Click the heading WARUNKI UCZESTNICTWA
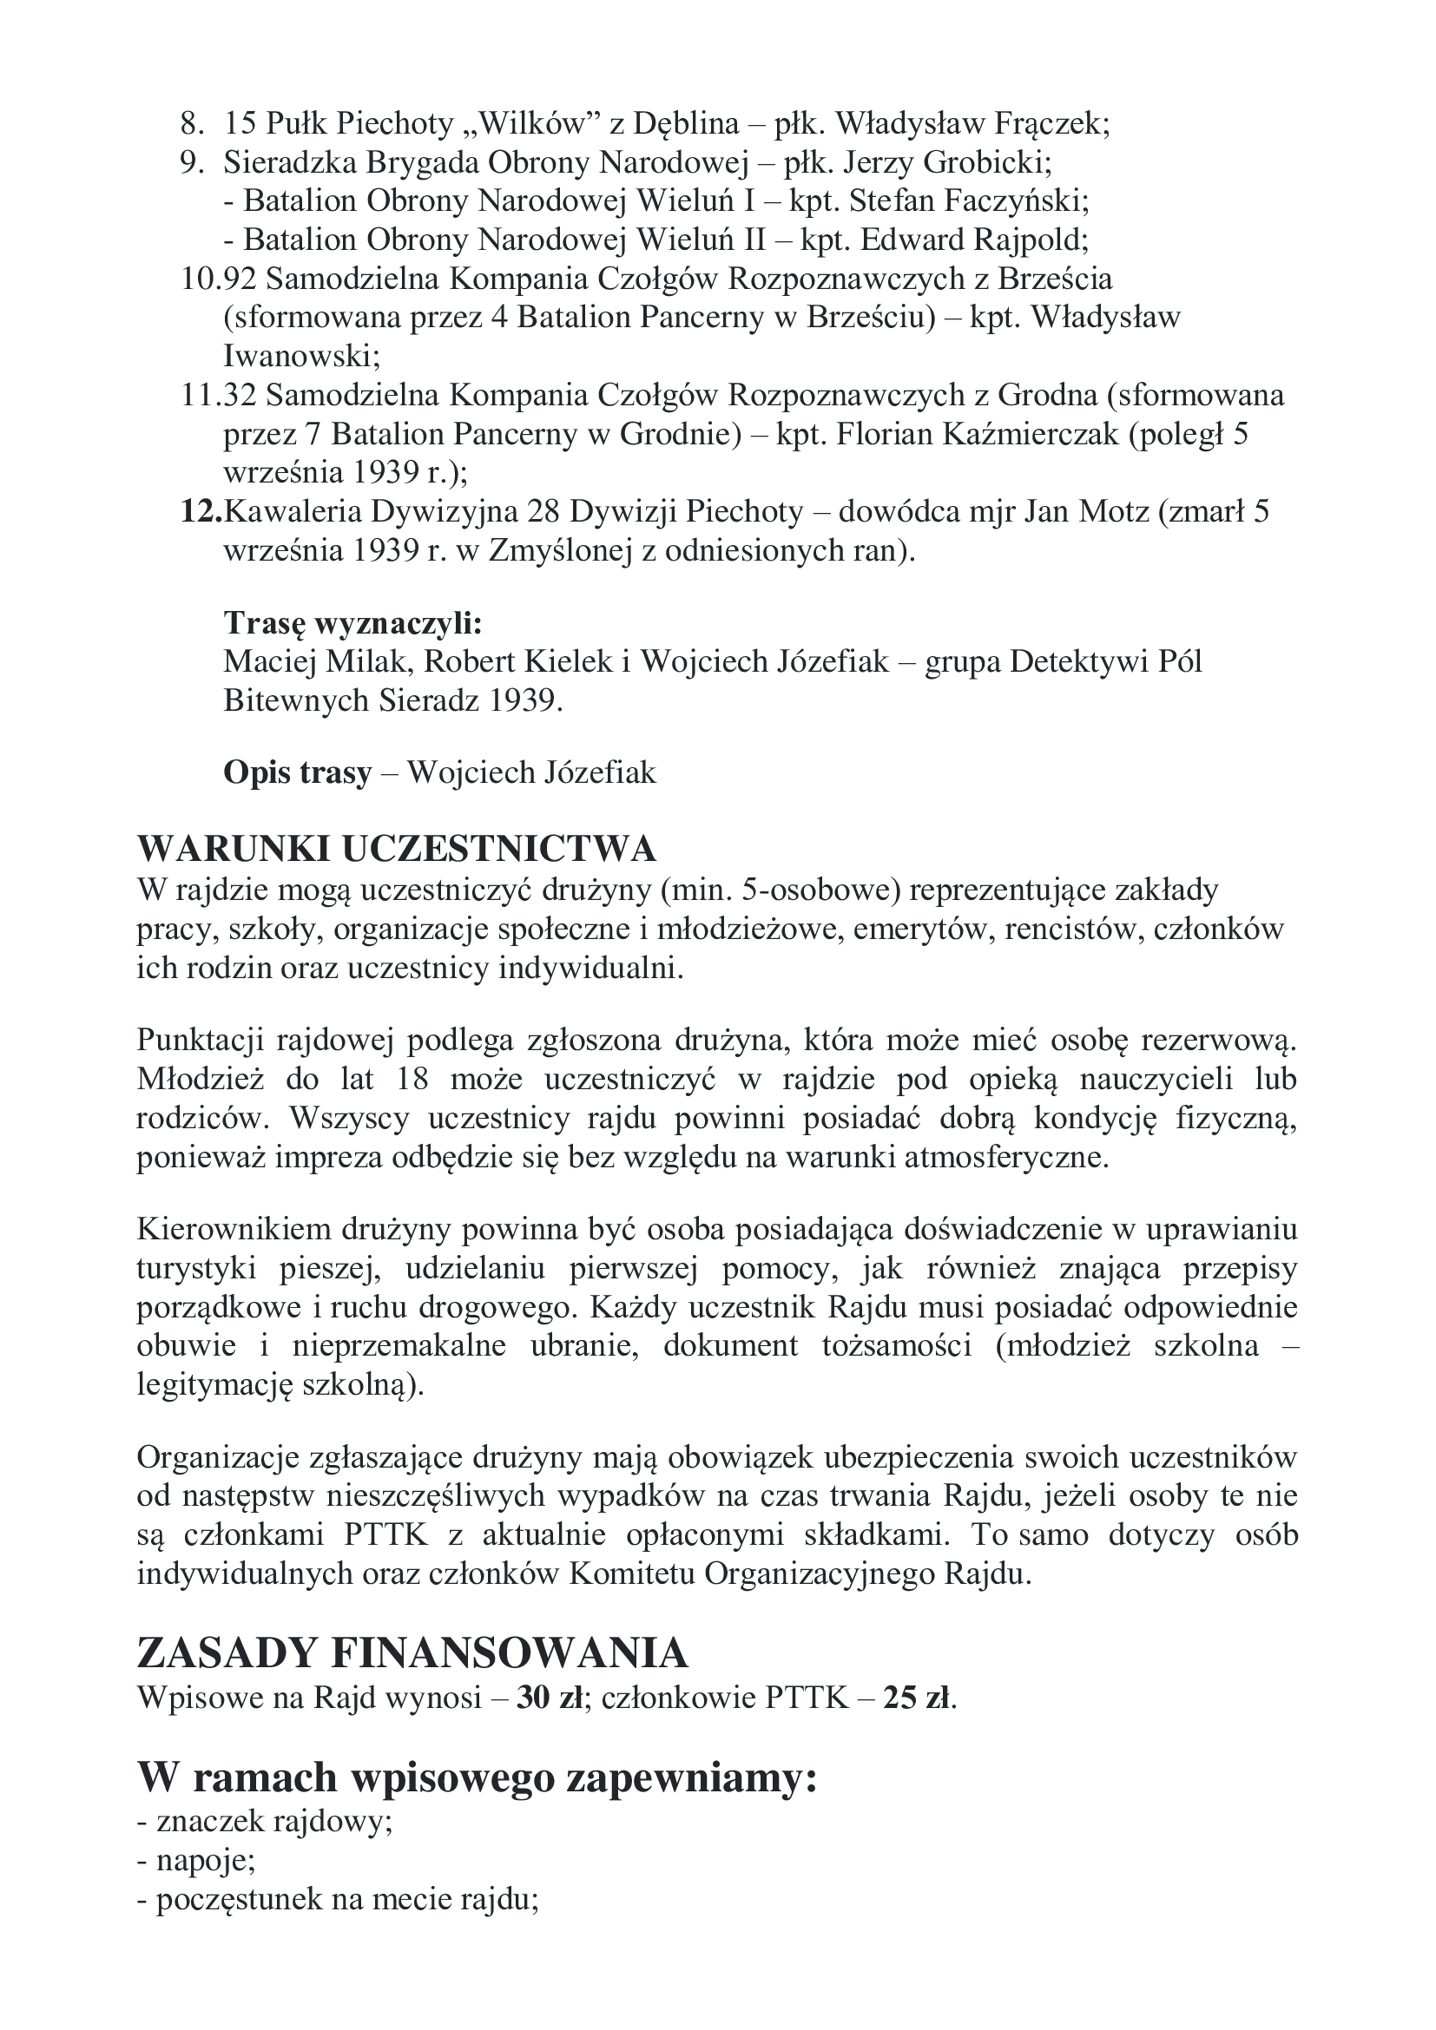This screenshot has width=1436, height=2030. pyautogui.click(x=397, y=850)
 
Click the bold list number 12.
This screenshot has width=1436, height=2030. pyautogui.click(x=201, y=512)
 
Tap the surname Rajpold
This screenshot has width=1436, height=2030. pyautogui.click(x=1030, y=240)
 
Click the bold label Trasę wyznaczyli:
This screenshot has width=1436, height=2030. pyautogui.click(x=352, y=623)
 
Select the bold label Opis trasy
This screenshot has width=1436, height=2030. pyautogui.click(x=297, y=772)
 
